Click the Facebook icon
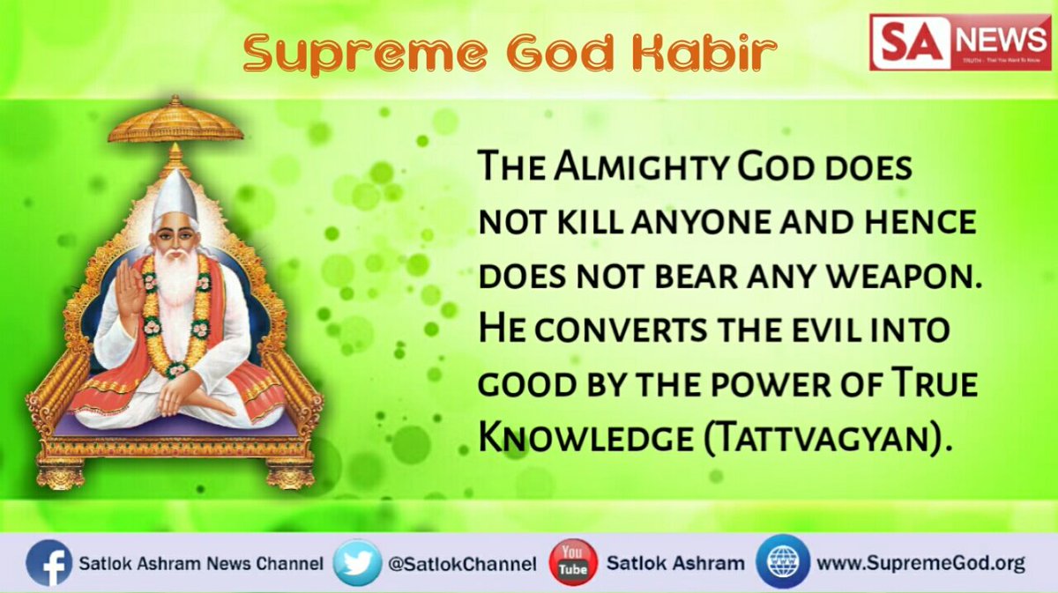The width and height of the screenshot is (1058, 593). coord(48,563)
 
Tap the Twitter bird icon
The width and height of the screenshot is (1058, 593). coord(357,563)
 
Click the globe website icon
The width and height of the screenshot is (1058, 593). coord(782,562)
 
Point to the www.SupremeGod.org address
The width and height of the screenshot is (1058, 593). coord(920,563)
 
